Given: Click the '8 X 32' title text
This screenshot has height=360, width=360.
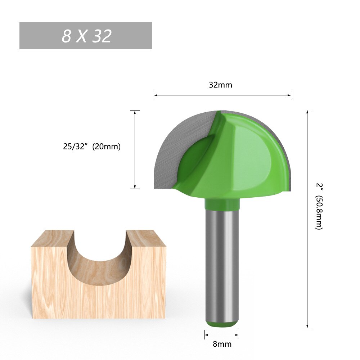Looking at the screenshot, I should click(86, 36).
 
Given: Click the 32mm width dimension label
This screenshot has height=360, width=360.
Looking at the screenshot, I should click(221, 85).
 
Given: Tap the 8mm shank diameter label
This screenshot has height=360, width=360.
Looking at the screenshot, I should click(222, 344).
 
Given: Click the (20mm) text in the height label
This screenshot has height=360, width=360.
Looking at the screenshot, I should click(106, 147).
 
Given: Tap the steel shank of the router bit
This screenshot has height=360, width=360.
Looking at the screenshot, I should click(221, 266).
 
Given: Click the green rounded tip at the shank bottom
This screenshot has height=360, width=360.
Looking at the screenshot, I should click(222, 324).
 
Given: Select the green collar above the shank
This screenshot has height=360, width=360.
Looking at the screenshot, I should click(222, 204).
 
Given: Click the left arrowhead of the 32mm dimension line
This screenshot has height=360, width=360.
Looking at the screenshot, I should click(155, 95).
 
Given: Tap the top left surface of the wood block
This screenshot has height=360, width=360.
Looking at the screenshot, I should click(52, 238).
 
